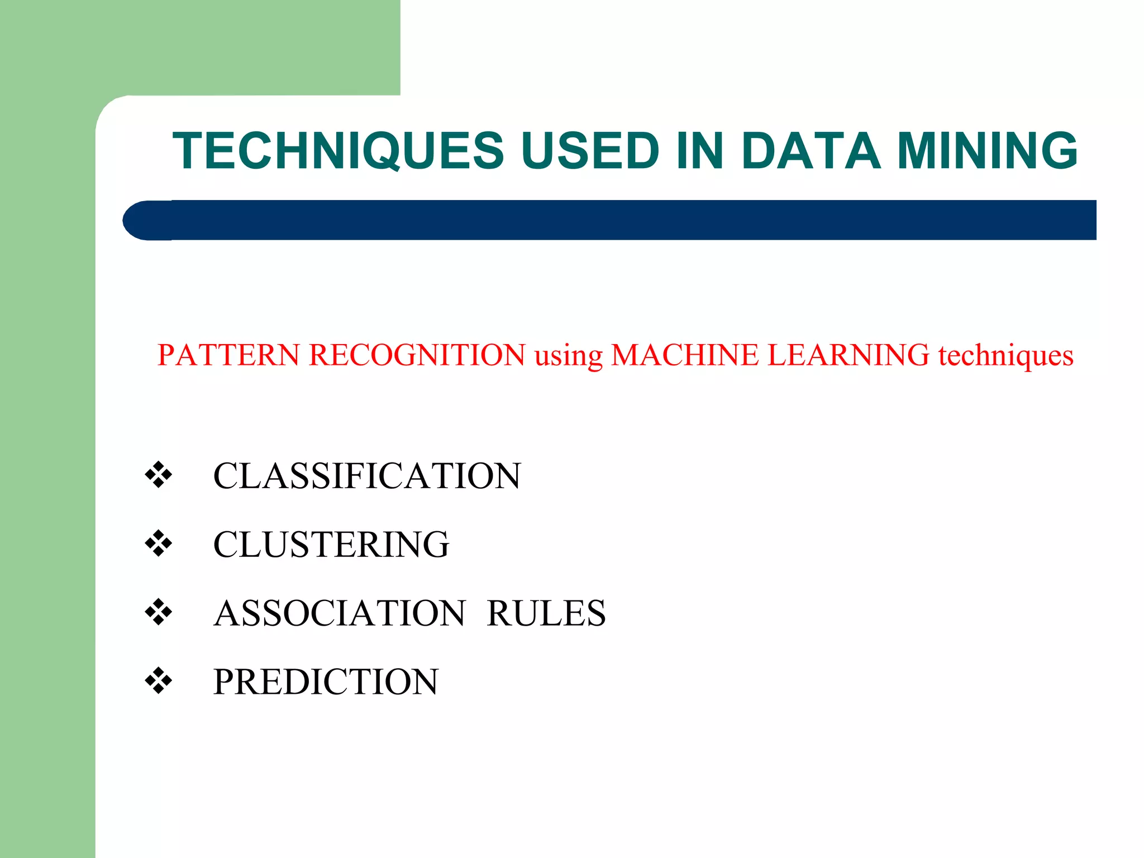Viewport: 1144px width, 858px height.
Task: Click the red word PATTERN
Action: point(228,355)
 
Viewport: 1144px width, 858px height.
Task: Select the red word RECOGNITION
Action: point(417,355)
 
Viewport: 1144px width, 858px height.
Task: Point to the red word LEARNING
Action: point(849,355)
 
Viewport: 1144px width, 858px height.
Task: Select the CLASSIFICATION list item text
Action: point(367,476)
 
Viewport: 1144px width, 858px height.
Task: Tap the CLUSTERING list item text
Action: point(331,545)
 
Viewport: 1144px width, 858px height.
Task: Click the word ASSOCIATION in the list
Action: point(340,613)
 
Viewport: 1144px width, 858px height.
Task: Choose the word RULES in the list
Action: point(546,613)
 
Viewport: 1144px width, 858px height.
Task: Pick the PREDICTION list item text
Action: point(326,682)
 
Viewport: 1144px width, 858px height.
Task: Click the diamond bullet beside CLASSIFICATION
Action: point(159,475)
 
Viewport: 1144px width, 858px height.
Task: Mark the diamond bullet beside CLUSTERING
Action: point(159,544)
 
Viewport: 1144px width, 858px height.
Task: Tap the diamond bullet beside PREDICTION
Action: point(159,680)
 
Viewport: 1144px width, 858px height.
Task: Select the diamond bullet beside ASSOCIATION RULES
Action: point(159,612)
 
